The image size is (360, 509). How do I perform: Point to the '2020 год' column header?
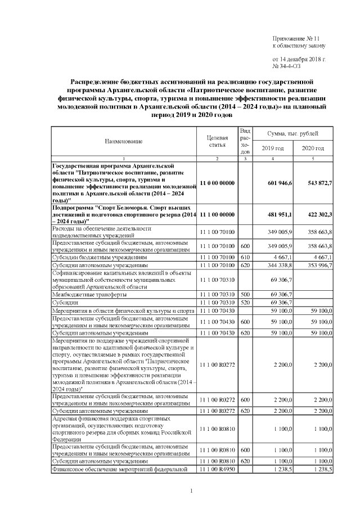[x=313, y=148]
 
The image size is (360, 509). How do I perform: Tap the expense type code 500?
[x=245, y=294]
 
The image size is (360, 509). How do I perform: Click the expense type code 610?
[x=245, y=256]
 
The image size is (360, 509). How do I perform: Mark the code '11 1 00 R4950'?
[x=217, y=469]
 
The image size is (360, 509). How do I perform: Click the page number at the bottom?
[x=191, y=492]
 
